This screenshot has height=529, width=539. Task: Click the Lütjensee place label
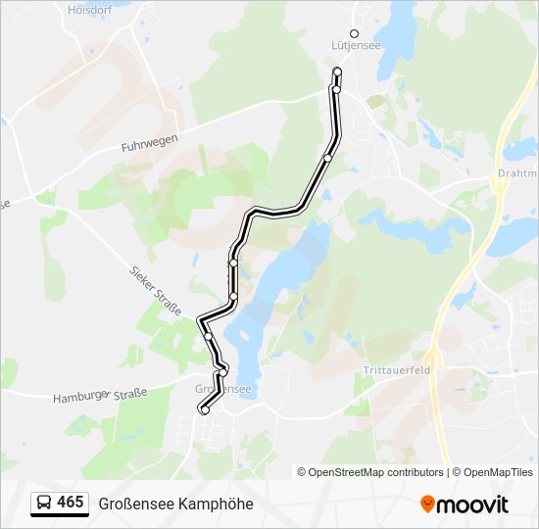point(355,45)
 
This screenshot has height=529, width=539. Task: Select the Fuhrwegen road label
point(150,141)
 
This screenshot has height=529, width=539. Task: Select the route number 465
point(71,503)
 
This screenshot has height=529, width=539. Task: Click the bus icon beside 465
point(44,503)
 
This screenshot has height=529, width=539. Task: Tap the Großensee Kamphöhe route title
point(175,504)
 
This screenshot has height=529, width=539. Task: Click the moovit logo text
point(472,505)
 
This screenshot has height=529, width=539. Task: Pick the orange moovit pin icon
point(427,504)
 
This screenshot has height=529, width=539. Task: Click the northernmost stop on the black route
point(337,72)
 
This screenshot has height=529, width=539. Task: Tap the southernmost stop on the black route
point(205,410)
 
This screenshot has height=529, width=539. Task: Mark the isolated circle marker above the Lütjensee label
point(355,33)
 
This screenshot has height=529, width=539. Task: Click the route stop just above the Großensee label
point(222,371)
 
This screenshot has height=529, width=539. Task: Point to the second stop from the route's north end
point(336,89)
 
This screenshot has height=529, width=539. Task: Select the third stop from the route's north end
point(328,157)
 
